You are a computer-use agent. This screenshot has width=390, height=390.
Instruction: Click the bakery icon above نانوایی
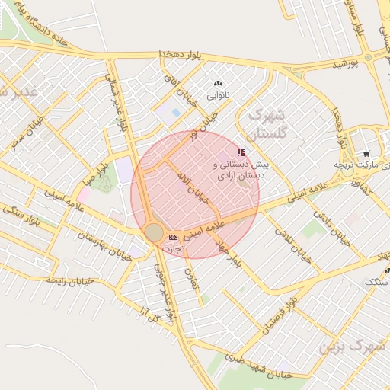(x=219, y=84)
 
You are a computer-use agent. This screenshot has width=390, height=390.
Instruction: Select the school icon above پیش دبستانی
(x=241, y=152)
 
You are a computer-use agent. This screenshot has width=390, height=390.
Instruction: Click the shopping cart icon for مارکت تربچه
(x=366, y=155)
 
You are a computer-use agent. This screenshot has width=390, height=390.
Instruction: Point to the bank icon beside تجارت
(x=172, y=237)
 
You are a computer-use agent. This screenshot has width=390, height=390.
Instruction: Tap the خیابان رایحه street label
(x=69, y=280)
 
